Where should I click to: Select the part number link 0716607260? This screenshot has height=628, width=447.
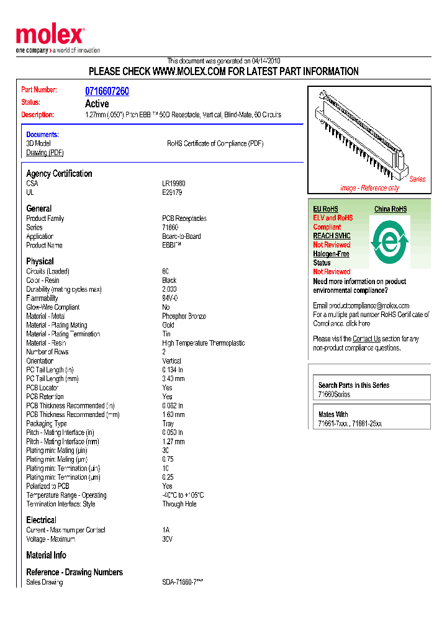(x=107, y=91)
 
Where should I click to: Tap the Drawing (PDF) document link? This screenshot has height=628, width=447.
(x=45, y=153)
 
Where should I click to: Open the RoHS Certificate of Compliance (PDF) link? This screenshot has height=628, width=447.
(x=215, y=143)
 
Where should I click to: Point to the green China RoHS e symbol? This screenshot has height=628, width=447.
(x=389, y=239)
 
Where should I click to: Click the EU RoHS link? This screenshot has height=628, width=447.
(x=325, y=209)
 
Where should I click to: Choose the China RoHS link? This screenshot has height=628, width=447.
(x=391, y=209)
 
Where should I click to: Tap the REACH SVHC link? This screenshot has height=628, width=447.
(x=332, y=236)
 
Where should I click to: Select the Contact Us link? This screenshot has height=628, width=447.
(x=366, y=339)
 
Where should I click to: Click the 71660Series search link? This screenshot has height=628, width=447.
(x=334, y=395)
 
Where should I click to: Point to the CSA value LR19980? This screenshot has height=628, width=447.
(x=174, y=184)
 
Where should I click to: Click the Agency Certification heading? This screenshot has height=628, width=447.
(x=59, y=174)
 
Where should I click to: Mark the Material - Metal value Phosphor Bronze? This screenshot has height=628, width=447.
(x=184, y=316)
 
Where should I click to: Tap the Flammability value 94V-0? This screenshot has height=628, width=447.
(x=170, y=298)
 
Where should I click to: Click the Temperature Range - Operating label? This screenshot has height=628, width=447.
(x=66, y=495)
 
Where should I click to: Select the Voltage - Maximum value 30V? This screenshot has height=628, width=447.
(x=168, y=539)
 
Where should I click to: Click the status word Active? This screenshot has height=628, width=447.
(x=97, y=104)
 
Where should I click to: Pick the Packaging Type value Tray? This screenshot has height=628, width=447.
(x=168, y=424)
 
